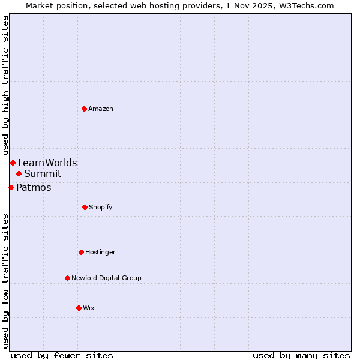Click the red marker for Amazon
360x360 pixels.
click(x=84, y=109)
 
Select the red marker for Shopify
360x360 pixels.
click(x=85, y=207)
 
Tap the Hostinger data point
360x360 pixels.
click(x=81, y=252)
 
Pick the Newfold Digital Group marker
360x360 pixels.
click(x=67, y=278)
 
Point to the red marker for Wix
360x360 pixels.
click(x=79, y=308)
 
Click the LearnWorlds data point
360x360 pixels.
click(x=13, y=163)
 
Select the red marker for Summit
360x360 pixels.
click(x=19, y=173)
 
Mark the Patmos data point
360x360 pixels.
click(x=11, y=187)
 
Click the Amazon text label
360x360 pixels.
click(x=101, y=109)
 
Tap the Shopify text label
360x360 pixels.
click(x=101, y=207)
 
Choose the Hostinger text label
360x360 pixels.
click(x=100, y=252)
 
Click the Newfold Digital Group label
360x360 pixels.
click(x=106, y=278)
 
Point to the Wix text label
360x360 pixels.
click(x=89, y=308)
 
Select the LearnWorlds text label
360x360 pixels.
click(x=47, y=163)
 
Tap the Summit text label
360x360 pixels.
click(x=43, y=173)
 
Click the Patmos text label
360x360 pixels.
click(x=34, y=187)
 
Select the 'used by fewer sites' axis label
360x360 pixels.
click(x=62, y=355)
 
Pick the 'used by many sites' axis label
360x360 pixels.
click(x=301, y=355)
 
